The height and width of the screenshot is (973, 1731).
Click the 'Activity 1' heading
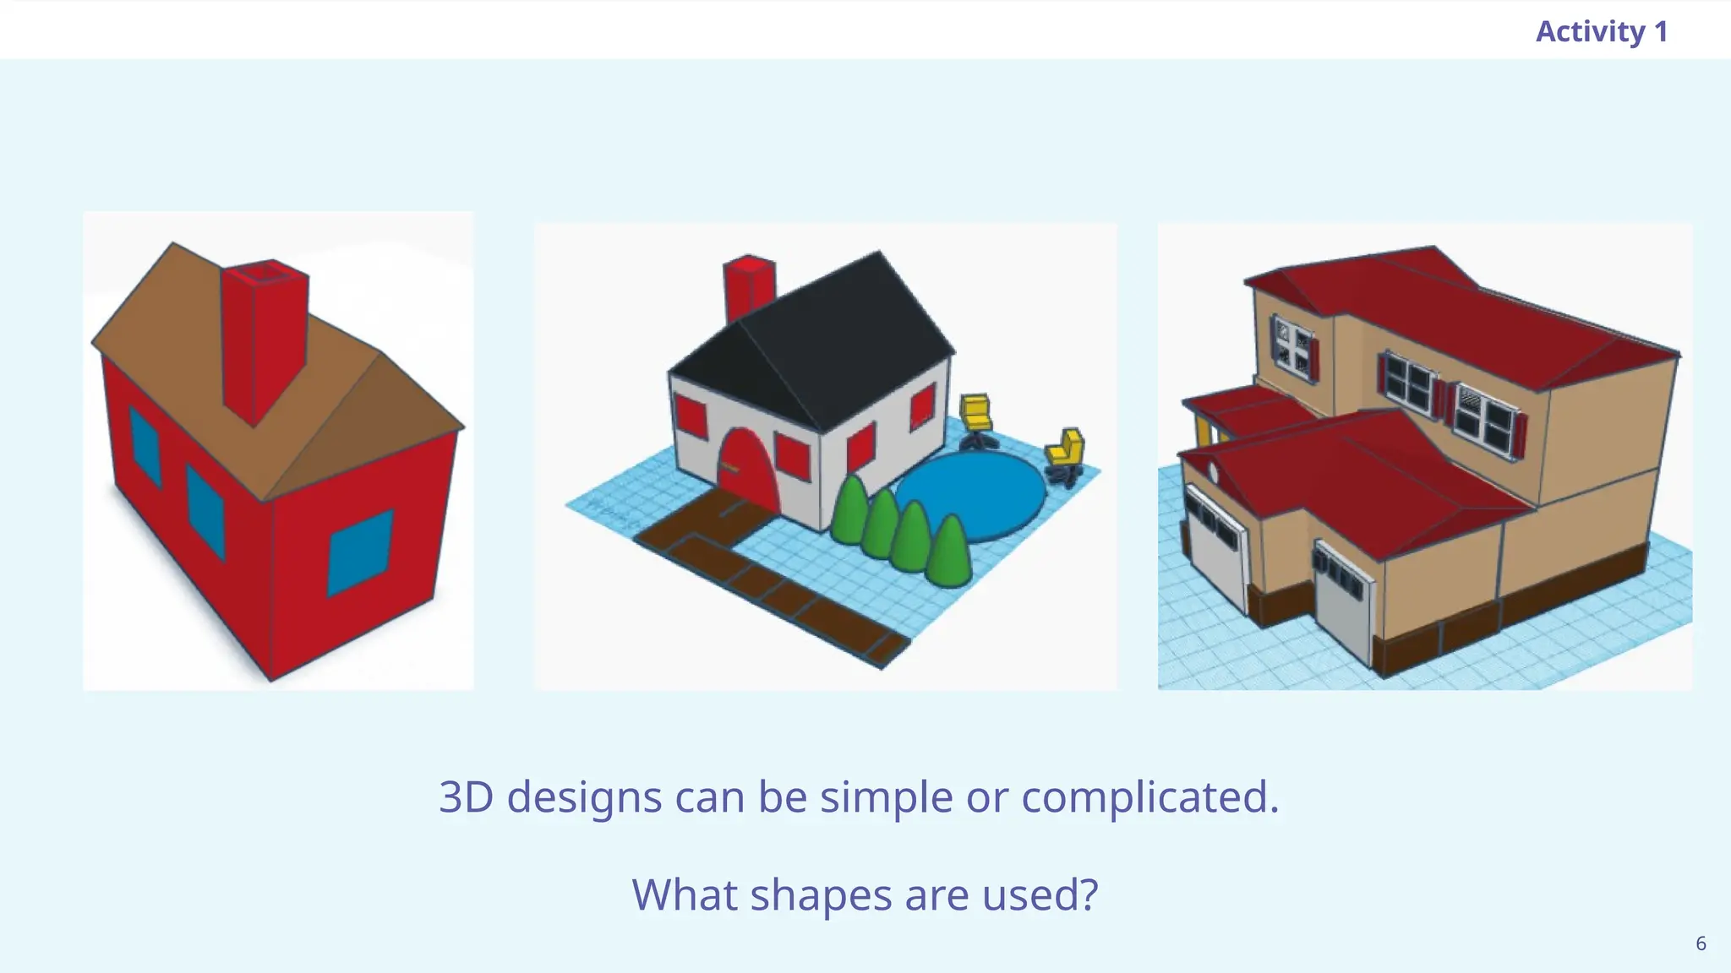1601,32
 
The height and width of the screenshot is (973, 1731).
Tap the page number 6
1701,943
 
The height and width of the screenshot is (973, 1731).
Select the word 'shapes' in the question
820,895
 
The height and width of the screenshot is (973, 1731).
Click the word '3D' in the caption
466,796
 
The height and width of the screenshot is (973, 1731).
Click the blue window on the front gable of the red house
361,551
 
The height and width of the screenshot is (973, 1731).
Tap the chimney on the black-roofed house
748,287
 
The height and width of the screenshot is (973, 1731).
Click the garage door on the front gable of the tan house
1344,604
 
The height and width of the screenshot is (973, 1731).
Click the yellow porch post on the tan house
1204,432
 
